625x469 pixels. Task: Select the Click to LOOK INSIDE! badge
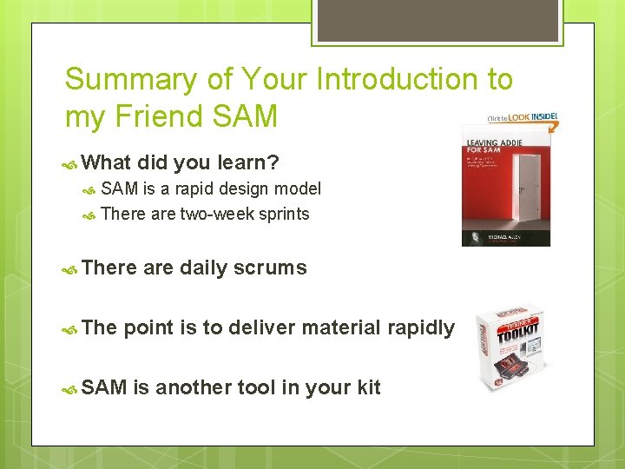click(521, 117)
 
